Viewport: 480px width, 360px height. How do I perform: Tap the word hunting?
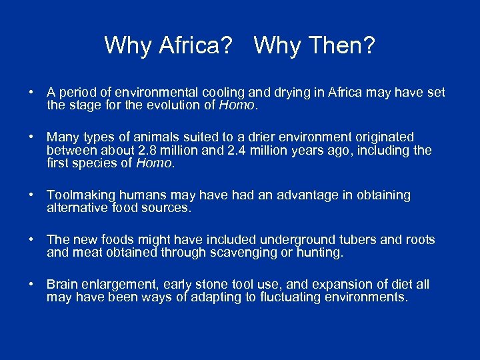click(323, 252)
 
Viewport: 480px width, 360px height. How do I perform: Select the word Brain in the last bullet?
click(62, 285)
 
